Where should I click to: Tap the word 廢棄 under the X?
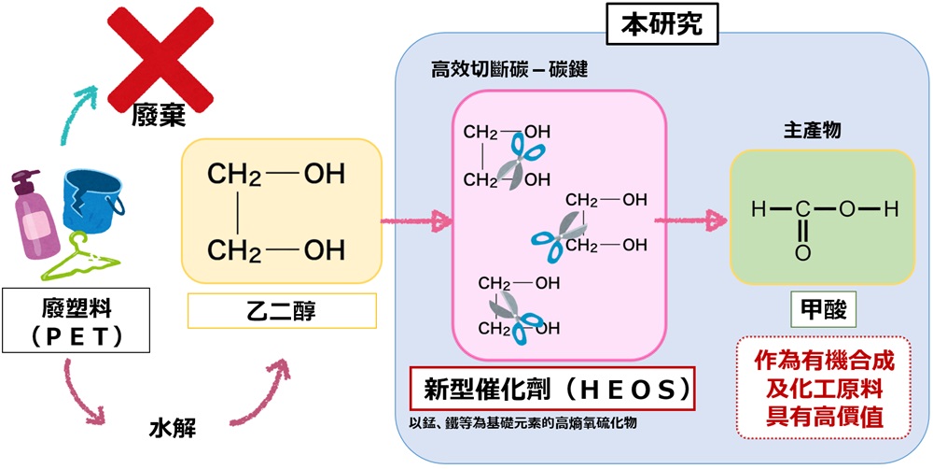158,116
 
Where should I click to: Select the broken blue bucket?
92,201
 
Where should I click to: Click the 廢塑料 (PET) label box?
64,320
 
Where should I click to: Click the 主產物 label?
812,130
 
